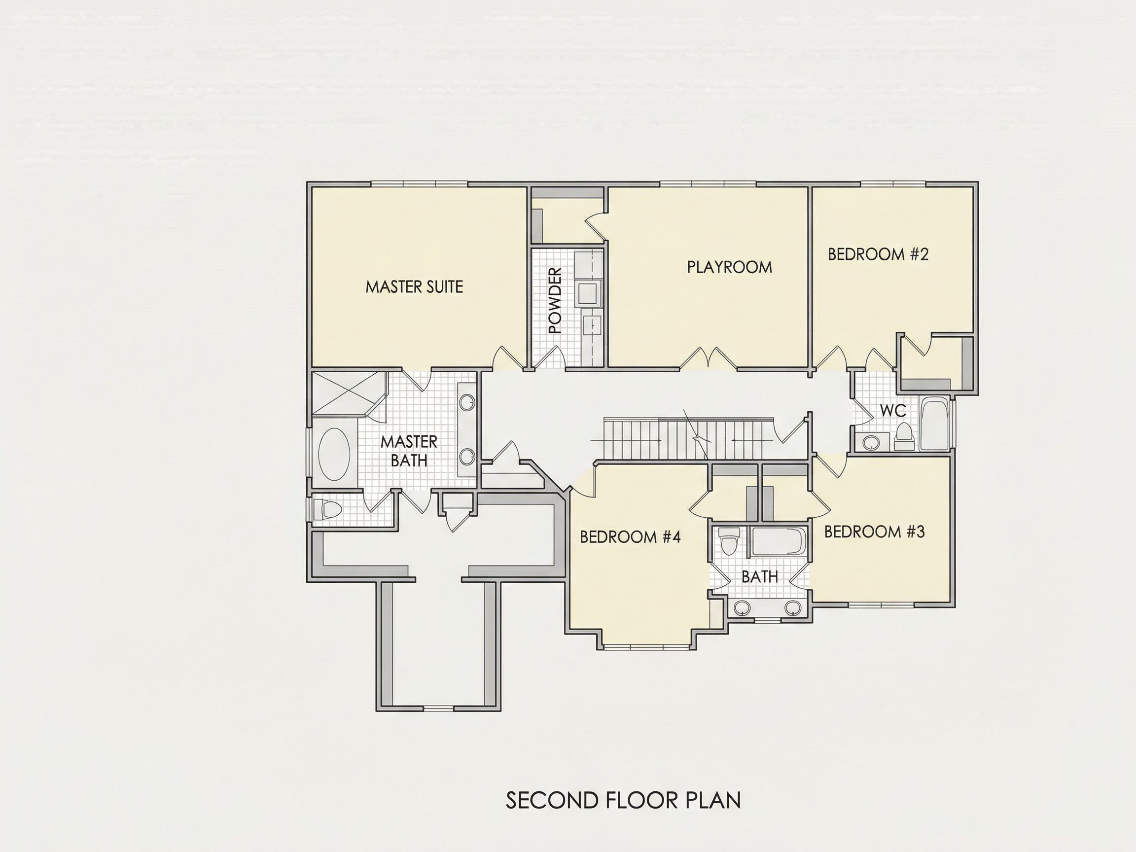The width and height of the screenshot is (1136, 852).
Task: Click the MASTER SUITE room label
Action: pos(414,286)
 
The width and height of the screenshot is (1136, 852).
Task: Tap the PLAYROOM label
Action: pos(729,267)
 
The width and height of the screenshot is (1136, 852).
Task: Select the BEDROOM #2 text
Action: pos(878,254)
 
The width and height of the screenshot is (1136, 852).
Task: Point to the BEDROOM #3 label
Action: pos(875,532)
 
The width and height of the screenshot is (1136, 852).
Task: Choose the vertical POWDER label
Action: pos(555,300)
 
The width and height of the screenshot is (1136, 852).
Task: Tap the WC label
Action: pos(893,410)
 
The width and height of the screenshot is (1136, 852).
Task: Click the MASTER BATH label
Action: pos(409,451)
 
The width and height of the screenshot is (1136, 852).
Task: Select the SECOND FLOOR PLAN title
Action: pos(623,800)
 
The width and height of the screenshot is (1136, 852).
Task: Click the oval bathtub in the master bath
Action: pos(334,455)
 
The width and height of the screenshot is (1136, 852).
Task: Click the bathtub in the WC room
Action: pos(935,424)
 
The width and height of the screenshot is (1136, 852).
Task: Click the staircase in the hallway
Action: pos(688,438)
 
